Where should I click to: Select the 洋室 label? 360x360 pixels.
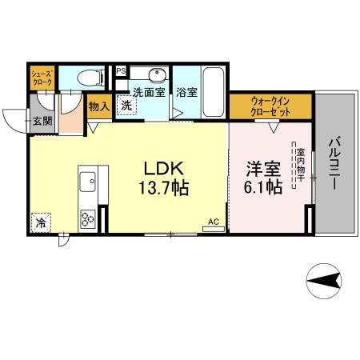tap(262, 169)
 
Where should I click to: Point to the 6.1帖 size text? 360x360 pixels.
tap(262, 188)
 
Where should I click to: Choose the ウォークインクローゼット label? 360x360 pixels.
tap(270, 107)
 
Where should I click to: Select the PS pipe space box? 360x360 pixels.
tap(121, 71)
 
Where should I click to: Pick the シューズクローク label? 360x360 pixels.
tap(42, 78)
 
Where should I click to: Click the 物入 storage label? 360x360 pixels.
tap(98, 106)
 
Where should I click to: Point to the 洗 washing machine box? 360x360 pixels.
tap(126, 105)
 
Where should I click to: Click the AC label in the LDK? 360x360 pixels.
tap(214, 222)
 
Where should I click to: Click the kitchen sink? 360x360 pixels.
tap(87, 179)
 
